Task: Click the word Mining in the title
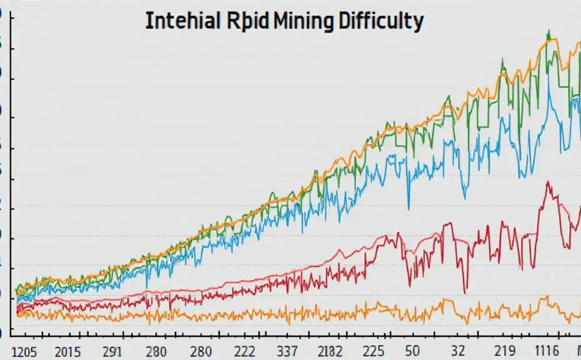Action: tap(302, 21)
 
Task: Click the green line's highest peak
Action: tap(549, 31)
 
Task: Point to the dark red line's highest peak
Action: tap(548, 182)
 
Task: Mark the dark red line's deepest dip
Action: tap(465, 292)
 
